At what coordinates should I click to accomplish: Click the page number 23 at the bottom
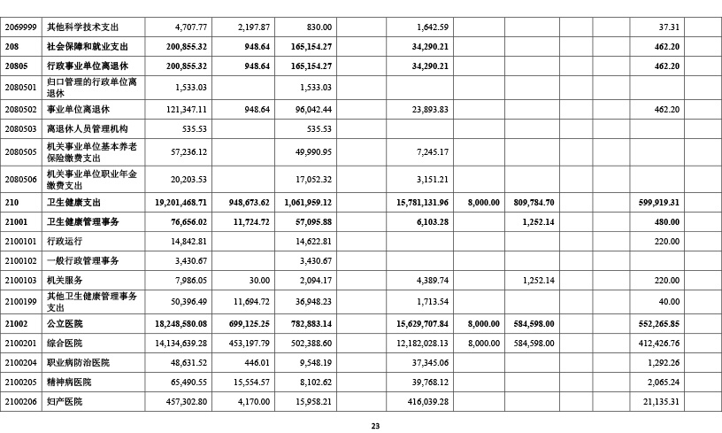click(375, 426)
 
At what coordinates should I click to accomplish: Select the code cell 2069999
click(20, 27)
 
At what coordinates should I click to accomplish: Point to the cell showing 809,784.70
click(533, 202)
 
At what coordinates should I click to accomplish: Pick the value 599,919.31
click(656, 202)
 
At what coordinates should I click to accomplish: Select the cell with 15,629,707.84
click(418, 323)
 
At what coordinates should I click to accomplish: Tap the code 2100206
click(20, 401)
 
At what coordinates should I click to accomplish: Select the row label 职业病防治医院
click(78, 362)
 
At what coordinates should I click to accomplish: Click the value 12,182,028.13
click(419, 343)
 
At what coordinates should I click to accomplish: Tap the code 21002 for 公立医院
click(17, 323)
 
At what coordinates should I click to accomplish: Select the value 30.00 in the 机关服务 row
click(259, 280)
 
